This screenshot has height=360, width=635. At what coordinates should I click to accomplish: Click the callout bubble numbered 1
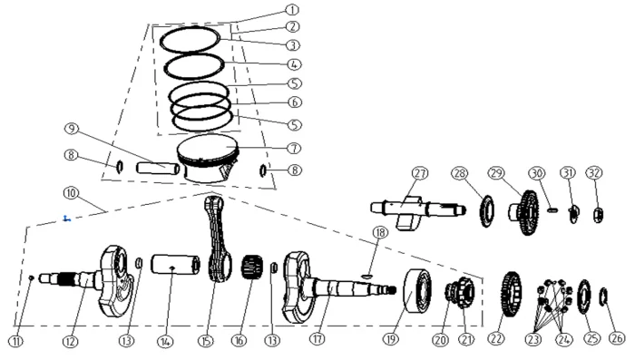click(292, 10)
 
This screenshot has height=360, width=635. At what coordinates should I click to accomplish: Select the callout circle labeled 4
click(294, 64)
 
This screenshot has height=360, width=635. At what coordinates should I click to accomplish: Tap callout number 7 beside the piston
click(295, 148)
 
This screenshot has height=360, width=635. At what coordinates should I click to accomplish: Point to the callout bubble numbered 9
click(72, 129)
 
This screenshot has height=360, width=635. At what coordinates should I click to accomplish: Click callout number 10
click(71, 193)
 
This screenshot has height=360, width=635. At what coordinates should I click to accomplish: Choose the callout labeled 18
click(380, 232)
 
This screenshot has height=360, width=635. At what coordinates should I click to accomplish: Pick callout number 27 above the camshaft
click(420, 173)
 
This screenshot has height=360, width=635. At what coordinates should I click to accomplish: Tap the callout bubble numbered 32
click(594, 173)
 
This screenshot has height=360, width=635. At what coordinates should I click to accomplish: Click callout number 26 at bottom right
click(617, 337)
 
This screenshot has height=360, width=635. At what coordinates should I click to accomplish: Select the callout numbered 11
click(15, 341)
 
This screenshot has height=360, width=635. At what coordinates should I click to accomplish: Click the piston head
click(208, 159)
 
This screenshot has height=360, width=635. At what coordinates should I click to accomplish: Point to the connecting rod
click(219, 238)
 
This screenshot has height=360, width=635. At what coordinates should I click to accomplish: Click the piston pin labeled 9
click(158, 168)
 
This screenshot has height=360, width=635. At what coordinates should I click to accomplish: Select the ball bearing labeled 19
click(417, 290)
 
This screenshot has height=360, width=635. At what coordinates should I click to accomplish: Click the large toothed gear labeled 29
click(525, 212)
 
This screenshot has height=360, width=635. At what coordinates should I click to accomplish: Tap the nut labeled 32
click(598, 215)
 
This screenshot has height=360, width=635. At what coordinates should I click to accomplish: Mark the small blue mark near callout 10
click(67, 219)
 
